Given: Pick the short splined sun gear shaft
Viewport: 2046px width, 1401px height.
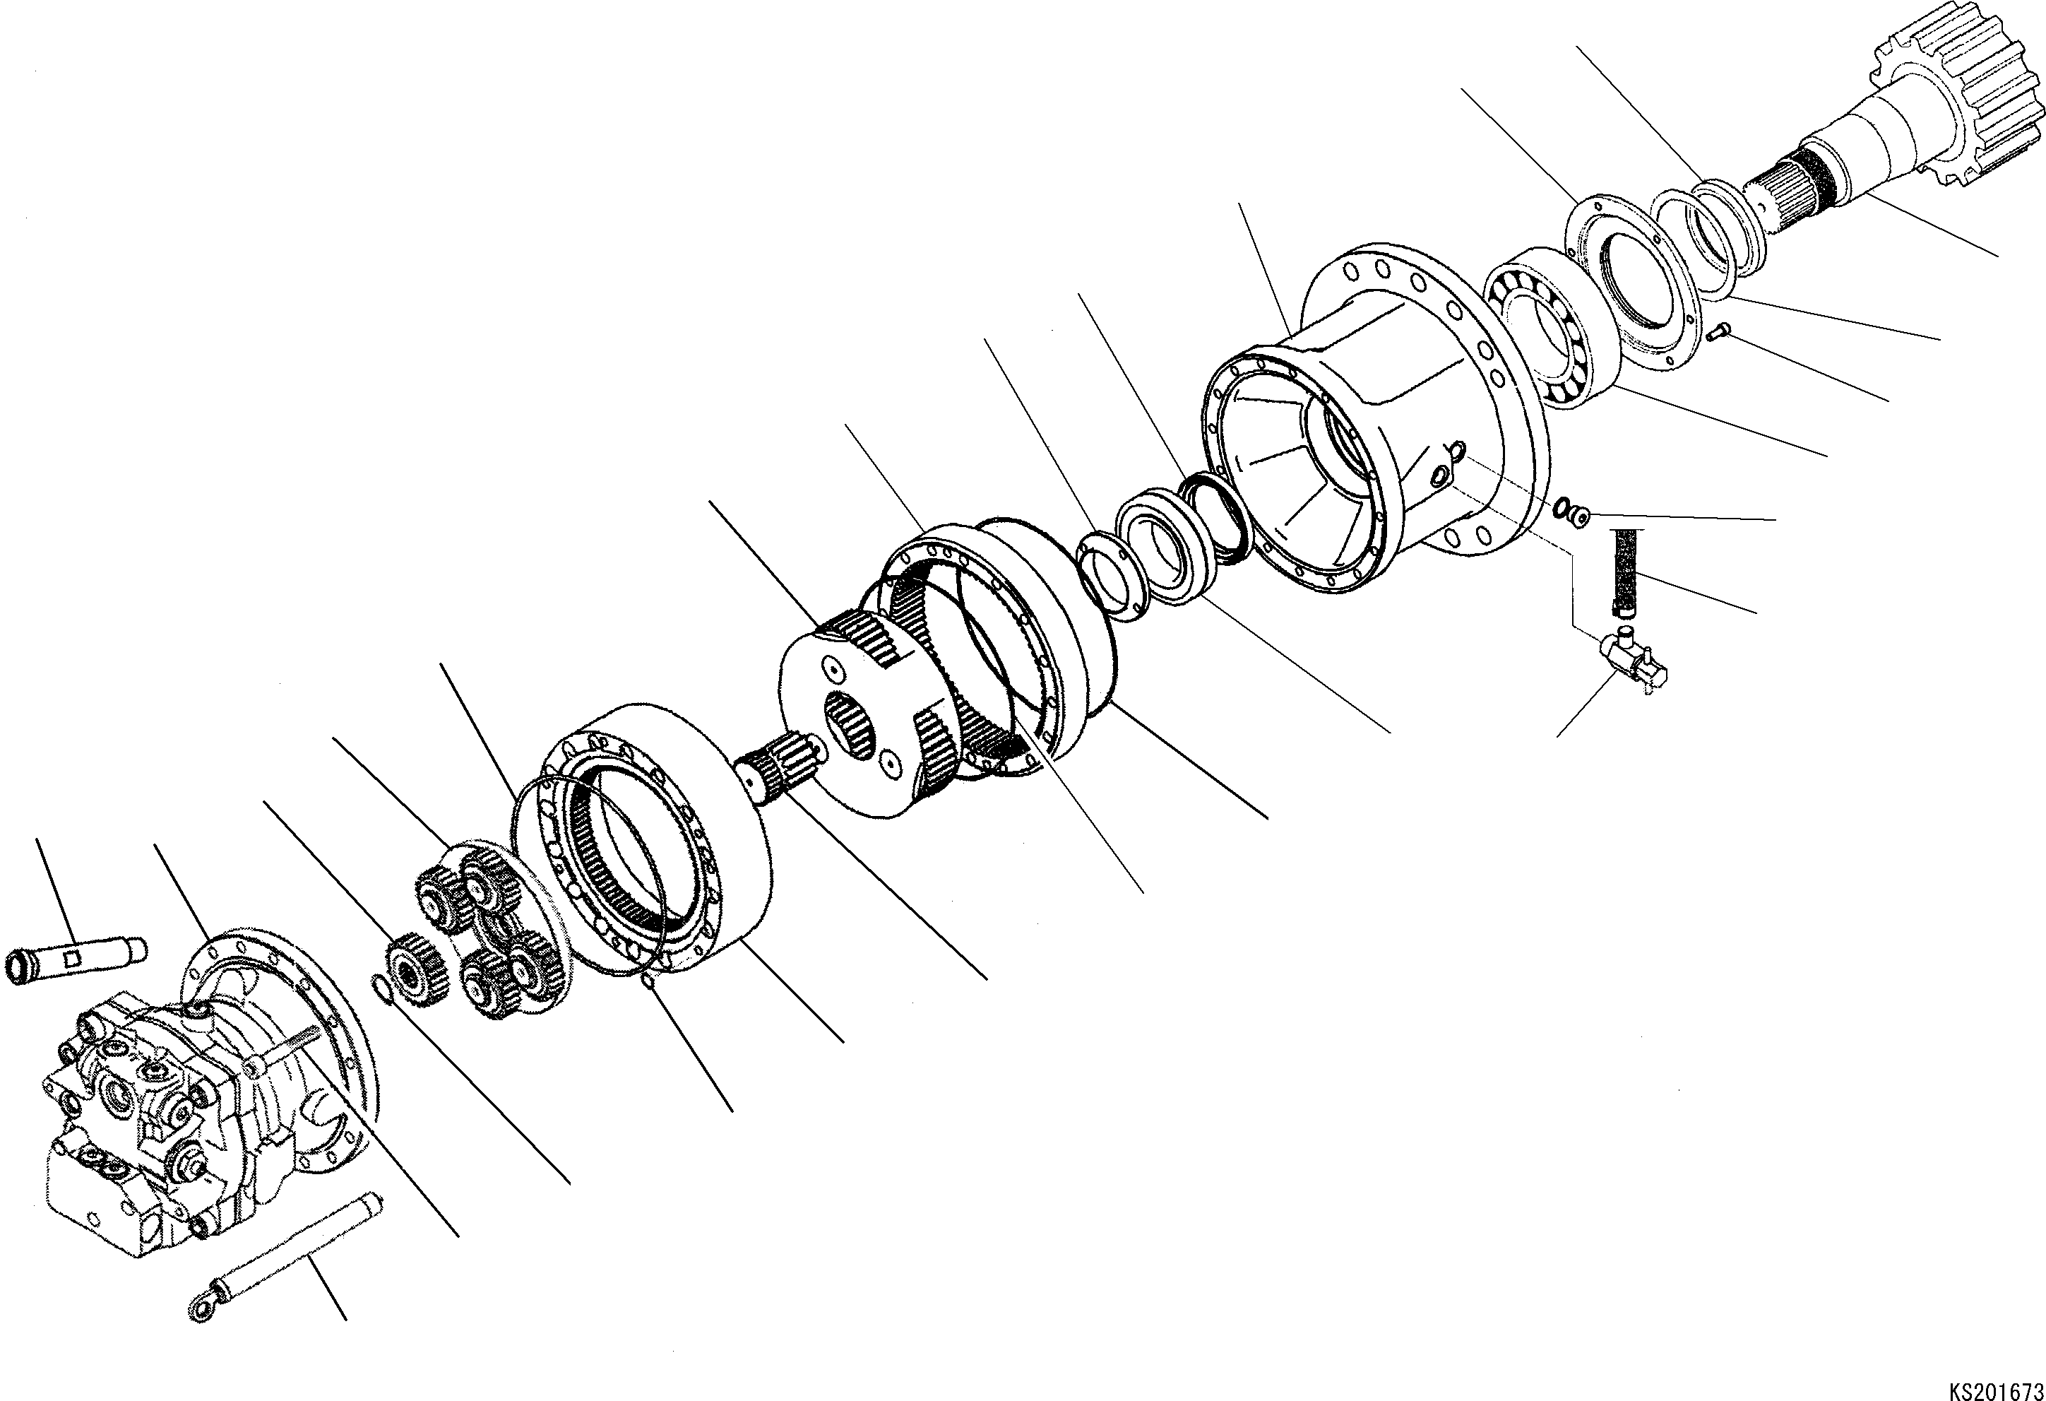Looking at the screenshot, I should pos(779,762).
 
